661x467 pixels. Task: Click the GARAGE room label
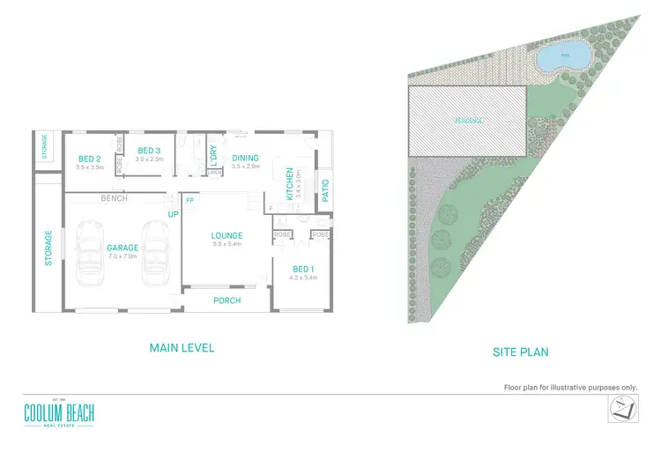(x=122, y=248)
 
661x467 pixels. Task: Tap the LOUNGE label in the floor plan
(x=227, y=235)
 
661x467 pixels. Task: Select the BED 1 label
(x=302, y=268)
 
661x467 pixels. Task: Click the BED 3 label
(x=147, y=151)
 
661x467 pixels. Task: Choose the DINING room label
(x=245, y=159)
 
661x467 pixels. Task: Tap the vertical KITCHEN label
(x=288, y=185)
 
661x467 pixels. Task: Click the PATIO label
(x=325, y=192)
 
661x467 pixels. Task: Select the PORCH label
(x=227, y=300)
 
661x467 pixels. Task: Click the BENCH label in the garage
(x=115, y=198)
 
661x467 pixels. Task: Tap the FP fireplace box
(x=189, y=201)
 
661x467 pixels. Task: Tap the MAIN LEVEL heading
(x=182, y=348)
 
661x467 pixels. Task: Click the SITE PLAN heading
(x=520, y=352)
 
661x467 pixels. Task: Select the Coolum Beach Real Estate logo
(x=59, y=414)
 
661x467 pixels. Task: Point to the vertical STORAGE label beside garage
(x=49, y=248)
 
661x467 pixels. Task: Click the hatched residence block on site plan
(x=467, y=120)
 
